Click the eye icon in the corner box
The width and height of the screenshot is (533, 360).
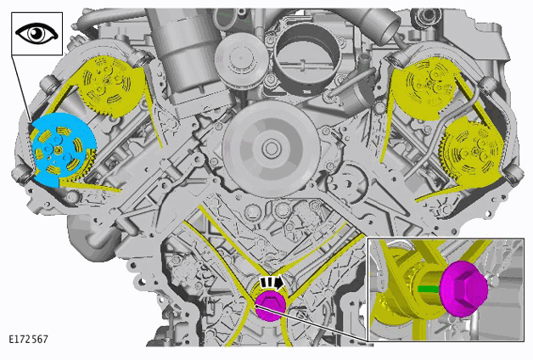[x=36, y=33]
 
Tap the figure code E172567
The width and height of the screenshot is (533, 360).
[x=29, y=340]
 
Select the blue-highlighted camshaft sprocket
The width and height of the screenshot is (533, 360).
[x=63, y=149]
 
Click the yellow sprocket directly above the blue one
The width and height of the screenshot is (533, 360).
[x=108, y=86]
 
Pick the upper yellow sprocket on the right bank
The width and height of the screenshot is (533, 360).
[x=424, y=89]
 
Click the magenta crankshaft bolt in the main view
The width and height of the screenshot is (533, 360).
[x=270, y=306]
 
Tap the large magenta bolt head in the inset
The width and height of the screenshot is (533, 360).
[x=463, y=289]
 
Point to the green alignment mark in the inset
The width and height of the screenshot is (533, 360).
[x=428, y=289]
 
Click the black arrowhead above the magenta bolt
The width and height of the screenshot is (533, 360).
[x=278, y=283]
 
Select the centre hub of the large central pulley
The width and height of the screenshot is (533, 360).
[x=271, y=149]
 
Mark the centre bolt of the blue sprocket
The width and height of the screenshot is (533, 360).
[x=59, y=149]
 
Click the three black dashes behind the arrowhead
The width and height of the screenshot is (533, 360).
[x=266, y=283]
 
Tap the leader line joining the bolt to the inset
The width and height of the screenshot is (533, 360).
[x=311, y=323]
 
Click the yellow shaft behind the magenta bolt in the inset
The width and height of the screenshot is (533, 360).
[x=427, y=289]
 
